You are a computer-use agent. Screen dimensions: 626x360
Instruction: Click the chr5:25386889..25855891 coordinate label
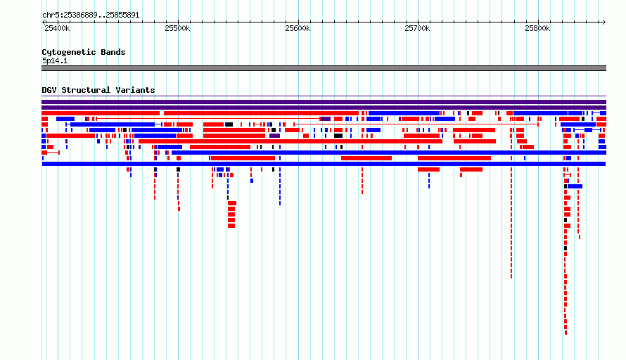[x=91, y=15]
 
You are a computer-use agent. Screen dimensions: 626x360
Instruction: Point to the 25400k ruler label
[x=57, y=28]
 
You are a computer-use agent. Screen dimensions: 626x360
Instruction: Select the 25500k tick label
[x=177, y=28]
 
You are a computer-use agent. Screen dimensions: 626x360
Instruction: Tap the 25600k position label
[x=298, y=28]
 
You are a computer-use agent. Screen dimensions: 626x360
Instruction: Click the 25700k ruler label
[x=417, y=28]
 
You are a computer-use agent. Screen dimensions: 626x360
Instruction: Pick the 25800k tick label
[x=537, y=28]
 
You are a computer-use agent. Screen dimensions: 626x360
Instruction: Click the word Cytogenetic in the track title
[x=69, y=52]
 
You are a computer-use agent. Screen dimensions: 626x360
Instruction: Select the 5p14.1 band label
[x=55, y=60]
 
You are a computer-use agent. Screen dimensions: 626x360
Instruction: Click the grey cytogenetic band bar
[x=324, y=68]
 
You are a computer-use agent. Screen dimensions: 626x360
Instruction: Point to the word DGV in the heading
[x=49, y=90]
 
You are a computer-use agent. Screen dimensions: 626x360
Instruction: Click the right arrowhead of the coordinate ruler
[x=604, y=22]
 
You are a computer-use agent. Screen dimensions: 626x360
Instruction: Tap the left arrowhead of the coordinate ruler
[x=44, y=22]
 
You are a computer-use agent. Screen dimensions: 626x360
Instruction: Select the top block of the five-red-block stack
[x=232, y=203]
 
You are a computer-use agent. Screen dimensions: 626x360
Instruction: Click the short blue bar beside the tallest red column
[x=575, y=186]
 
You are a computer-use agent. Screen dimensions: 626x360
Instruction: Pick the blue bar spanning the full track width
[x=324, y=164]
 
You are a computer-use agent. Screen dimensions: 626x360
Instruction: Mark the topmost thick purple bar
[x=324, y=102]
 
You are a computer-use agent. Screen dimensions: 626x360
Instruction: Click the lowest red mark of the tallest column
[x=566, y=333]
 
